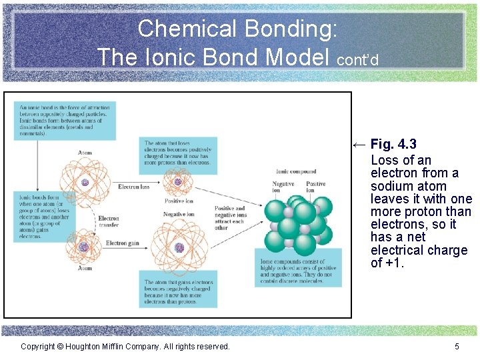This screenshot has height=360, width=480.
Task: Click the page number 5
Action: point(457,346)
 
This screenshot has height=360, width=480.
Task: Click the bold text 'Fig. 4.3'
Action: point(393,144)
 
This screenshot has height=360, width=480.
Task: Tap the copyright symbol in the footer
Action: point(59,346)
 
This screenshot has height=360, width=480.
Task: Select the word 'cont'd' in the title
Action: point(358,60)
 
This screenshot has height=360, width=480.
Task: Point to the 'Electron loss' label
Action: point(133,187)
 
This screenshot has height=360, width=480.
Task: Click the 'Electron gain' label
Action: point(122,243)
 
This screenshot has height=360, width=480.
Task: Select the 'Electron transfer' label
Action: point(109,222)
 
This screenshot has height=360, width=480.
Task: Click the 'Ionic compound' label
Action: point(296,171)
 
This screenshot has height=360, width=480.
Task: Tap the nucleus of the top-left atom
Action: point(85,183)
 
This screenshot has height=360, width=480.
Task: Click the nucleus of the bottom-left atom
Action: point(83,247)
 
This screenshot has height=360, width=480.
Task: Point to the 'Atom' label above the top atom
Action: point(85,153)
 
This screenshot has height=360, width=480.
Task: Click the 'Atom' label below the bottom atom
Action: point(85,268)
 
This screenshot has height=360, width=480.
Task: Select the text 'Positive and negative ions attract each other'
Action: point(231,218)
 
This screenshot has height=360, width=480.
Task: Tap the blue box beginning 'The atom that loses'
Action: point(179,153)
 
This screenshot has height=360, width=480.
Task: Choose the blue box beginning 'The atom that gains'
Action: point(179,292)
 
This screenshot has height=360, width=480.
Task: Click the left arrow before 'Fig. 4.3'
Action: point(359,144)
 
